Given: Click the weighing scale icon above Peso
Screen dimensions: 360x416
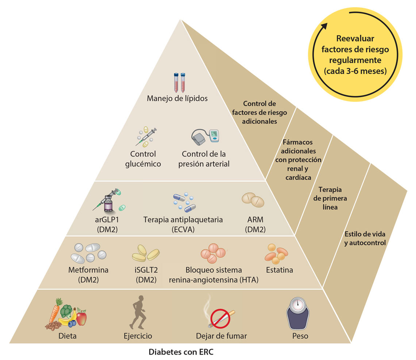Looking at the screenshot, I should [x=299, y=313].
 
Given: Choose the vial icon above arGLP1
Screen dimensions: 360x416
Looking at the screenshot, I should [x=108, y=203].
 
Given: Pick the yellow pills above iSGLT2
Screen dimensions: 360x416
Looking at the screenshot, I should [x=145, y=253].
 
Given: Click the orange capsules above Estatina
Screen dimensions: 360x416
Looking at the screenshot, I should [x=276, y=253].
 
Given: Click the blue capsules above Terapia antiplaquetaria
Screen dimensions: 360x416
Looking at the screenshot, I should [x=186, y=202].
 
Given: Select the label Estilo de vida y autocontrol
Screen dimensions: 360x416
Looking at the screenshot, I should [x=365, y=238].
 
